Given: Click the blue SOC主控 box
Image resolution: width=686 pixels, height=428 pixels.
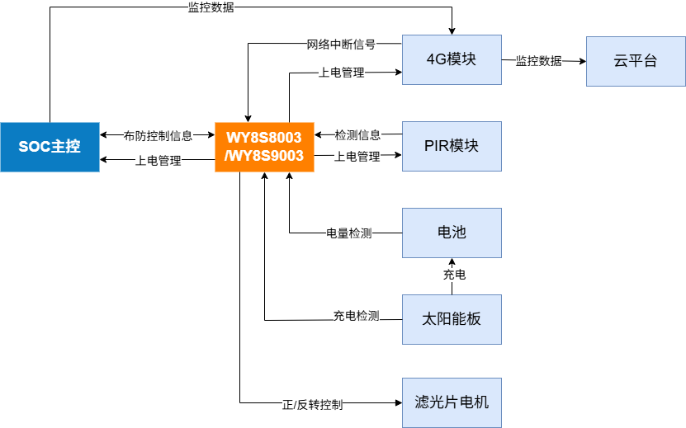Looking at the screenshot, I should [x=50, y=147].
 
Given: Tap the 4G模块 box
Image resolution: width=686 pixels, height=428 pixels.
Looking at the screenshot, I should [x=452, y=60].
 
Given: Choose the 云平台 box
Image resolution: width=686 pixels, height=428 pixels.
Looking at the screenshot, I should [x=636, y=60].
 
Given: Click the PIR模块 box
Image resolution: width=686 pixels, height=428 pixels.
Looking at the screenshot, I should [x=452, y=146].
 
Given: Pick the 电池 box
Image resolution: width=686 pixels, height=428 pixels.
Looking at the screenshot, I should [x=452, y=233].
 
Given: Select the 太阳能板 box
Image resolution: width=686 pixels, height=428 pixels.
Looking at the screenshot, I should [x=452, y=318].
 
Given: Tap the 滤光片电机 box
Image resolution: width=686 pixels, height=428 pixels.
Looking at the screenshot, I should [x=452, y=402].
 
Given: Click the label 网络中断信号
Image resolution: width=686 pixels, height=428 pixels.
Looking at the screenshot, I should [x=341, y=44].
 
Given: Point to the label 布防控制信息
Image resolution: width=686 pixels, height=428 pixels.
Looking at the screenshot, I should [x=158, y=135].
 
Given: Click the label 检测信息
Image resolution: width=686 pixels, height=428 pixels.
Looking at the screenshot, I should [x=357, y=135].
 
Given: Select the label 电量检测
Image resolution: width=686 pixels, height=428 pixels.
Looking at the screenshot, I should [x=349, y=233].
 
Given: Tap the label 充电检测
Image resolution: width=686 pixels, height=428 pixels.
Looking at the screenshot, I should [x=356, y=316].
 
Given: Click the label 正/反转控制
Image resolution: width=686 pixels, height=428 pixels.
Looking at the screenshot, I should [x=313, y=405].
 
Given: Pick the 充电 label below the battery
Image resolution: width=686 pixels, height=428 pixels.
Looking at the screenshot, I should [x=454, y=275].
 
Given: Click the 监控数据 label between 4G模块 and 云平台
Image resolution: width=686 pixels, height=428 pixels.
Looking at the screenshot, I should [x=539, y=61].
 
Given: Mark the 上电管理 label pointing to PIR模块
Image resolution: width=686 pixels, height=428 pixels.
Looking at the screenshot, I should [x=357, y=157].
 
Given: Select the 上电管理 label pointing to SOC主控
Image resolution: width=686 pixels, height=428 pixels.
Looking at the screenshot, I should [x=158, y=160].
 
